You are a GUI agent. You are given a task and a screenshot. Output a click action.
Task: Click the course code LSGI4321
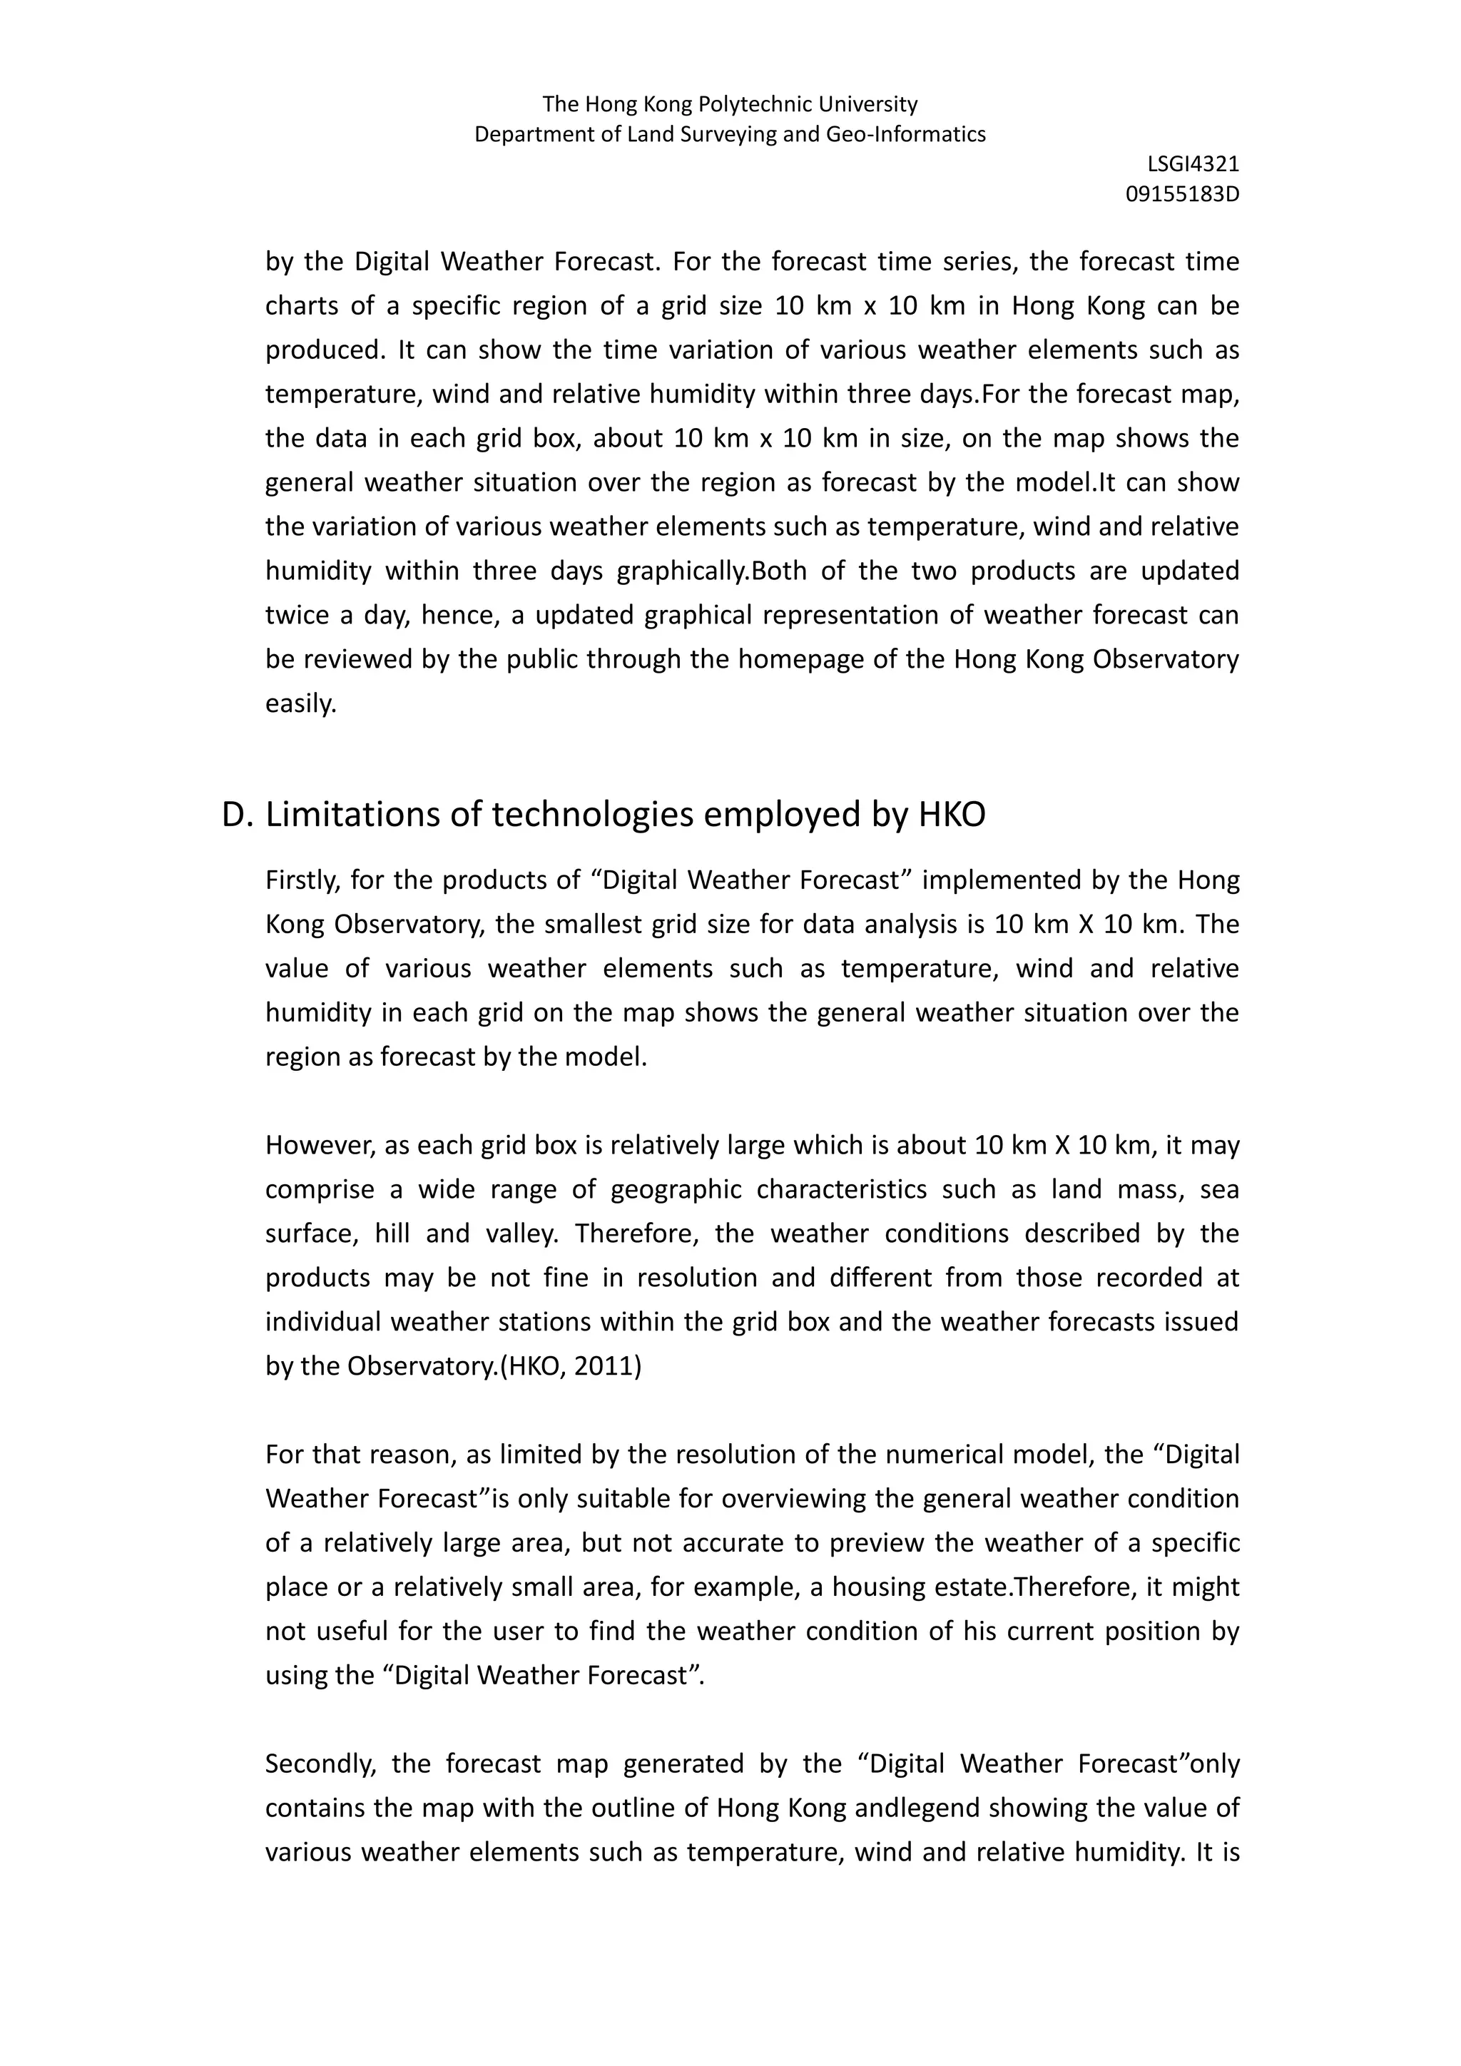[1193, 164]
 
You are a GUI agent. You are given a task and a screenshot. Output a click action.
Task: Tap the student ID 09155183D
[1182, 193]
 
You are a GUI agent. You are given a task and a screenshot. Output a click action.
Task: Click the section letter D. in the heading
[238, 814]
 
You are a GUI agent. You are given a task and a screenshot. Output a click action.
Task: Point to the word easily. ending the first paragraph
[300, 703]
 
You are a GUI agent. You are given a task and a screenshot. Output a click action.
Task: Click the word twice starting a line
[294, 616]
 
